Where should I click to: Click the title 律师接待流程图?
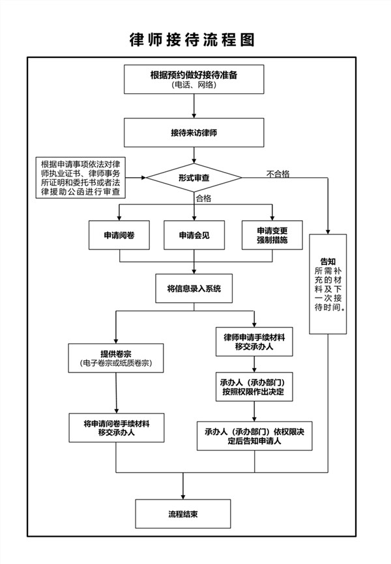click(x=192, y=40)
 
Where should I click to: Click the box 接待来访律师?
click(x=193, y=132)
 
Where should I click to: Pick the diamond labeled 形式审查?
click(x=192, y=177)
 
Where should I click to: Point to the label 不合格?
click(x=279, y=173)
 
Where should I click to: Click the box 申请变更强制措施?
click(x=272, y=235)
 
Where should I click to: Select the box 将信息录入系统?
click(x=194, y=288)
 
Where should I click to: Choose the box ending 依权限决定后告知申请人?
click(x=251, y=435)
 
